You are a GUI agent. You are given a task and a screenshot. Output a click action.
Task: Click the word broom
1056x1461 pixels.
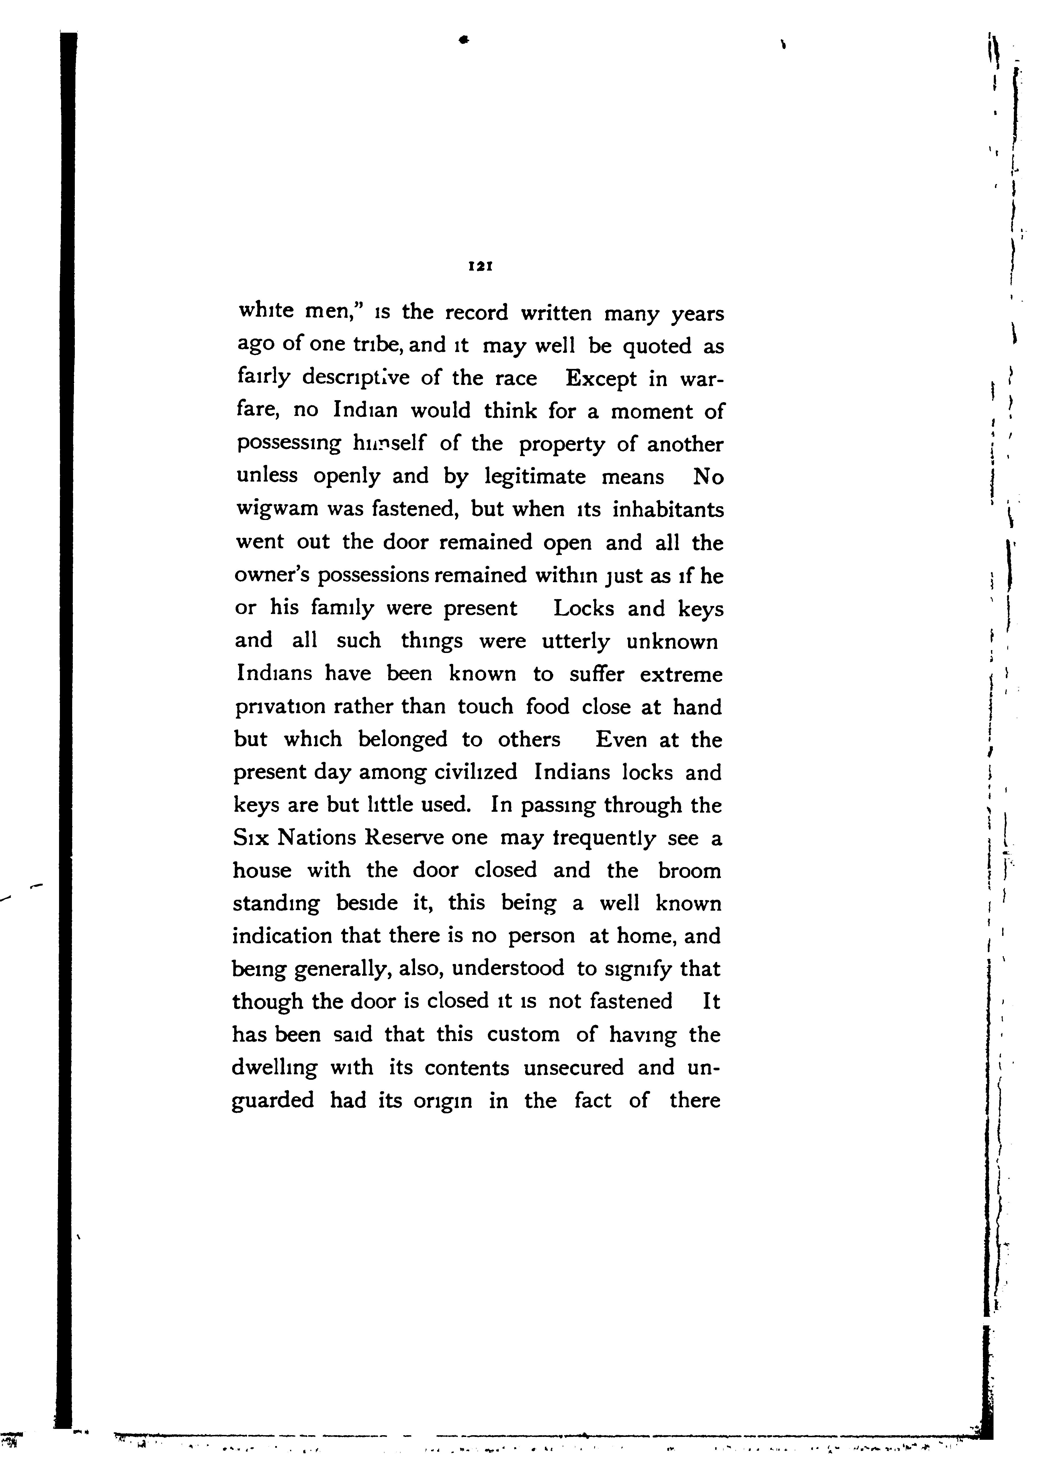click(689, 871)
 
